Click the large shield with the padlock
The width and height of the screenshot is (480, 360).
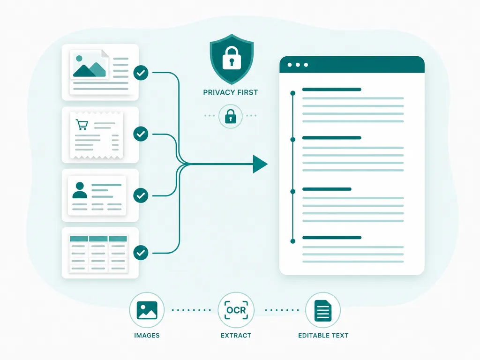point(232,59)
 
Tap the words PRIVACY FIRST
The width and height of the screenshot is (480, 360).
point(231,92)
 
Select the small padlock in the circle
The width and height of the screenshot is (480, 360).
point(231,116)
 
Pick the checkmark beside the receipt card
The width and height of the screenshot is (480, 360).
point(141,134)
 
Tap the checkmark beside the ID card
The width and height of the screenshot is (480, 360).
point(141,195)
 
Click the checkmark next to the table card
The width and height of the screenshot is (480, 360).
point(141,253)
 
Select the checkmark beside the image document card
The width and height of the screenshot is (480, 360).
point(141,73)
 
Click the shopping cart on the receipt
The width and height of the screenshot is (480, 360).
point(82,125)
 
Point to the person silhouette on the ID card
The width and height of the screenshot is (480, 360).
point(80,190)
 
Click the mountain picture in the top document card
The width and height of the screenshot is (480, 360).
point(89,65)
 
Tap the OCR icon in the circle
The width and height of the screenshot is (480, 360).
point(236,310)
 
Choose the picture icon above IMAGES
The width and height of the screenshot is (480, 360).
point(147,310)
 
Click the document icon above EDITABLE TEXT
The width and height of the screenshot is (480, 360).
point(323,310)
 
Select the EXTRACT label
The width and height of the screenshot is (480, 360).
point(236,336)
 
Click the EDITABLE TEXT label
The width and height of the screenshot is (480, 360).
point(323,336)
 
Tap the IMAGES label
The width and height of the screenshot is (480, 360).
point(147,336)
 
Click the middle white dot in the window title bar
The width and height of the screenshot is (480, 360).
point(298,65)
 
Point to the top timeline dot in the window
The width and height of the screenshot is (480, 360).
point(293,93)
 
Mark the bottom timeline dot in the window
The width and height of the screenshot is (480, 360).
point(293,241)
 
